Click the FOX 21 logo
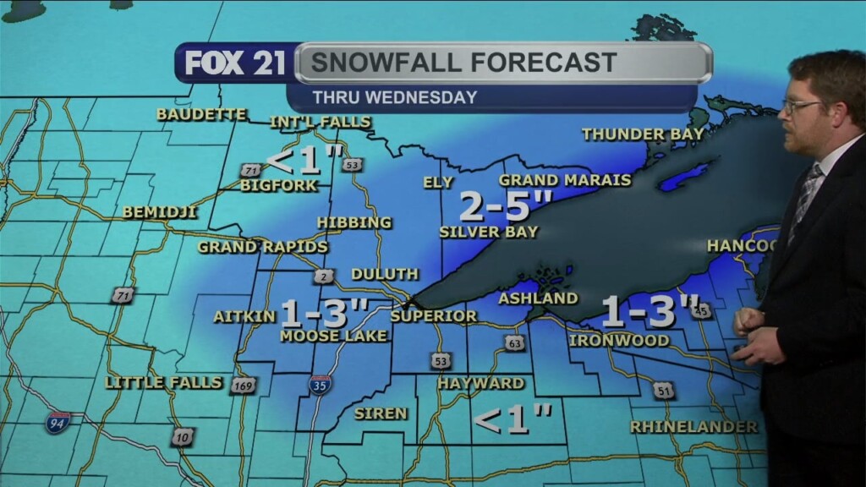tap(235, 63)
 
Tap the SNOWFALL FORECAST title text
tap(463, 63)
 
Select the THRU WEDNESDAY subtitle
tap(395, 97)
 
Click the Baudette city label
tap(201, 114)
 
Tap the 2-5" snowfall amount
tap(506, 205)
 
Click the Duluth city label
tap(385, 274)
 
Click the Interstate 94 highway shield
tap(58, 423)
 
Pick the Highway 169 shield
tap(243, 386)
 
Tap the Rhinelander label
tap(693, 427)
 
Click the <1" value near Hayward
tap(512, 418)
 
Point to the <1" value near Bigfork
tap(304, 159)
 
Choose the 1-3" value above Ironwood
tap(649, 311)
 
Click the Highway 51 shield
tap(664, 390)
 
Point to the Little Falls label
tap(164, 383)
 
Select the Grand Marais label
tap(565, 180)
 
